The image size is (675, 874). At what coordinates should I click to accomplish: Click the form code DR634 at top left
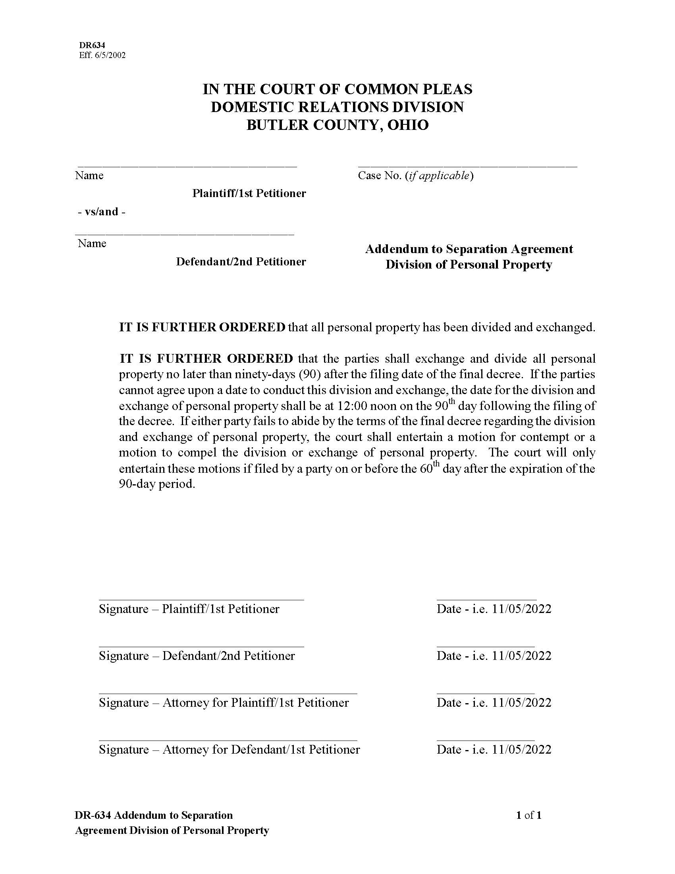pyautogui.click(x=92, y=46)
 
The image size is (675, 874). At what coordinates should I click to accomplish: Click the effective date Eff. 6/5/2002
pyautogui.click(x=102, y=55)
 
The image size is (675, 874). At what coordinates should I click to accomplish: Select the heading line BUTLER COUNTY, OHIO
pyautogui.click(x=337, y=125)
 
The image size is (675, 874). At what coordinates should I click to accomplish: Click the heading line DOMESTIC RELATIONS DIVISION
pyautogui.click(x=337, y=107)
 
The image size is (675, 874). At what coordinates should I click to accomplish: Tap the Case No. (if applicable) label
pyautogui.click(x=415, y=175)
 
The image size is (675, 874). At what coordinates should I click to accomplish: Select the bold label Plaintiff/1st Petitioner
pyautogui.click(x=249, y=193)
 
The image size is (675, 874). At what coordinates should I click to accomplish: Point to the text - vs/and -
pyautogui.click(x=101, y=212)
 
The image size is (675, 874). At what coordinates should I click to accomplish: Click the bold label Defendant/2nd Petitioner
pyautogui.click(x=241, y=261)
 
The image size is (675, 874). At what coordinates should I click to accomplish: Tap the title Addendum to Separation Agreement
pyautogui.click(x=469, y=249)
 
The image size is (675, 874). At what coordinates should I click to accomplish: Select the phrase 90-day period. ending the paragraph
pyautogui.click(x=157, y=484)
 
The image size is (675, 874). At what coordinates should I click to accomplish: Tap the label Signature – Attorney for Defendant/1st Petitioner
pyautogui.click(x=229, y=749)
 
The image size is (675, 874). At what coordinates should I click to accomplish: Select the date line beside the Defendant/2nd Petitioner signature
pyautogui.click(x=485, y=646)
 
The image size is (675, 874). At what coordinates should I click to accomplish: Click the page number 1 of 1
pyautogui.click(x=528, y=815)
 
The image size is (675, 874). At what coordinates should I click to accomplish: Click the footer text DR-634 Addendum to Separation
pyautogui.click(x=154, y=815)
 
